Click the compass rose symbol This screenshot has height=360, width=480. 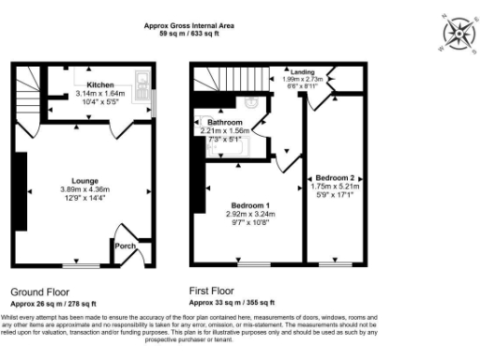[457, 35]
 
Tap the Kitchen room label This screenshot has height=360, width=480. [100, 83]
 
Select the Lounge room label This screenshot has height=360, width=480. [85, 179]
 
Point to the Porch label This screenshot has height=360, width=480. [124, 246]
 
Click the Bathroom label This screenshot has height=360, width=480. [226, 123]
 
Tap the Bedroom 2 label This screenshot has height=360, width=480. [335, 177]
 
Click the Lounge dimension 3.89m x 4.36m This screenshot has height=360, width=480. [85, 188]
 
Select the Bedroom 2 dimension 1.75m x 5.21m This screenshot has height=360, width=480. [335, 187]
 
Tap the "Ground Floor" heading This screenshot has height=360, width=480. [39, 292]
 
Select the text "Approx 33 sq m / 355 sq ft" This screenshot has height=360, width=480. [232, 303]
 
